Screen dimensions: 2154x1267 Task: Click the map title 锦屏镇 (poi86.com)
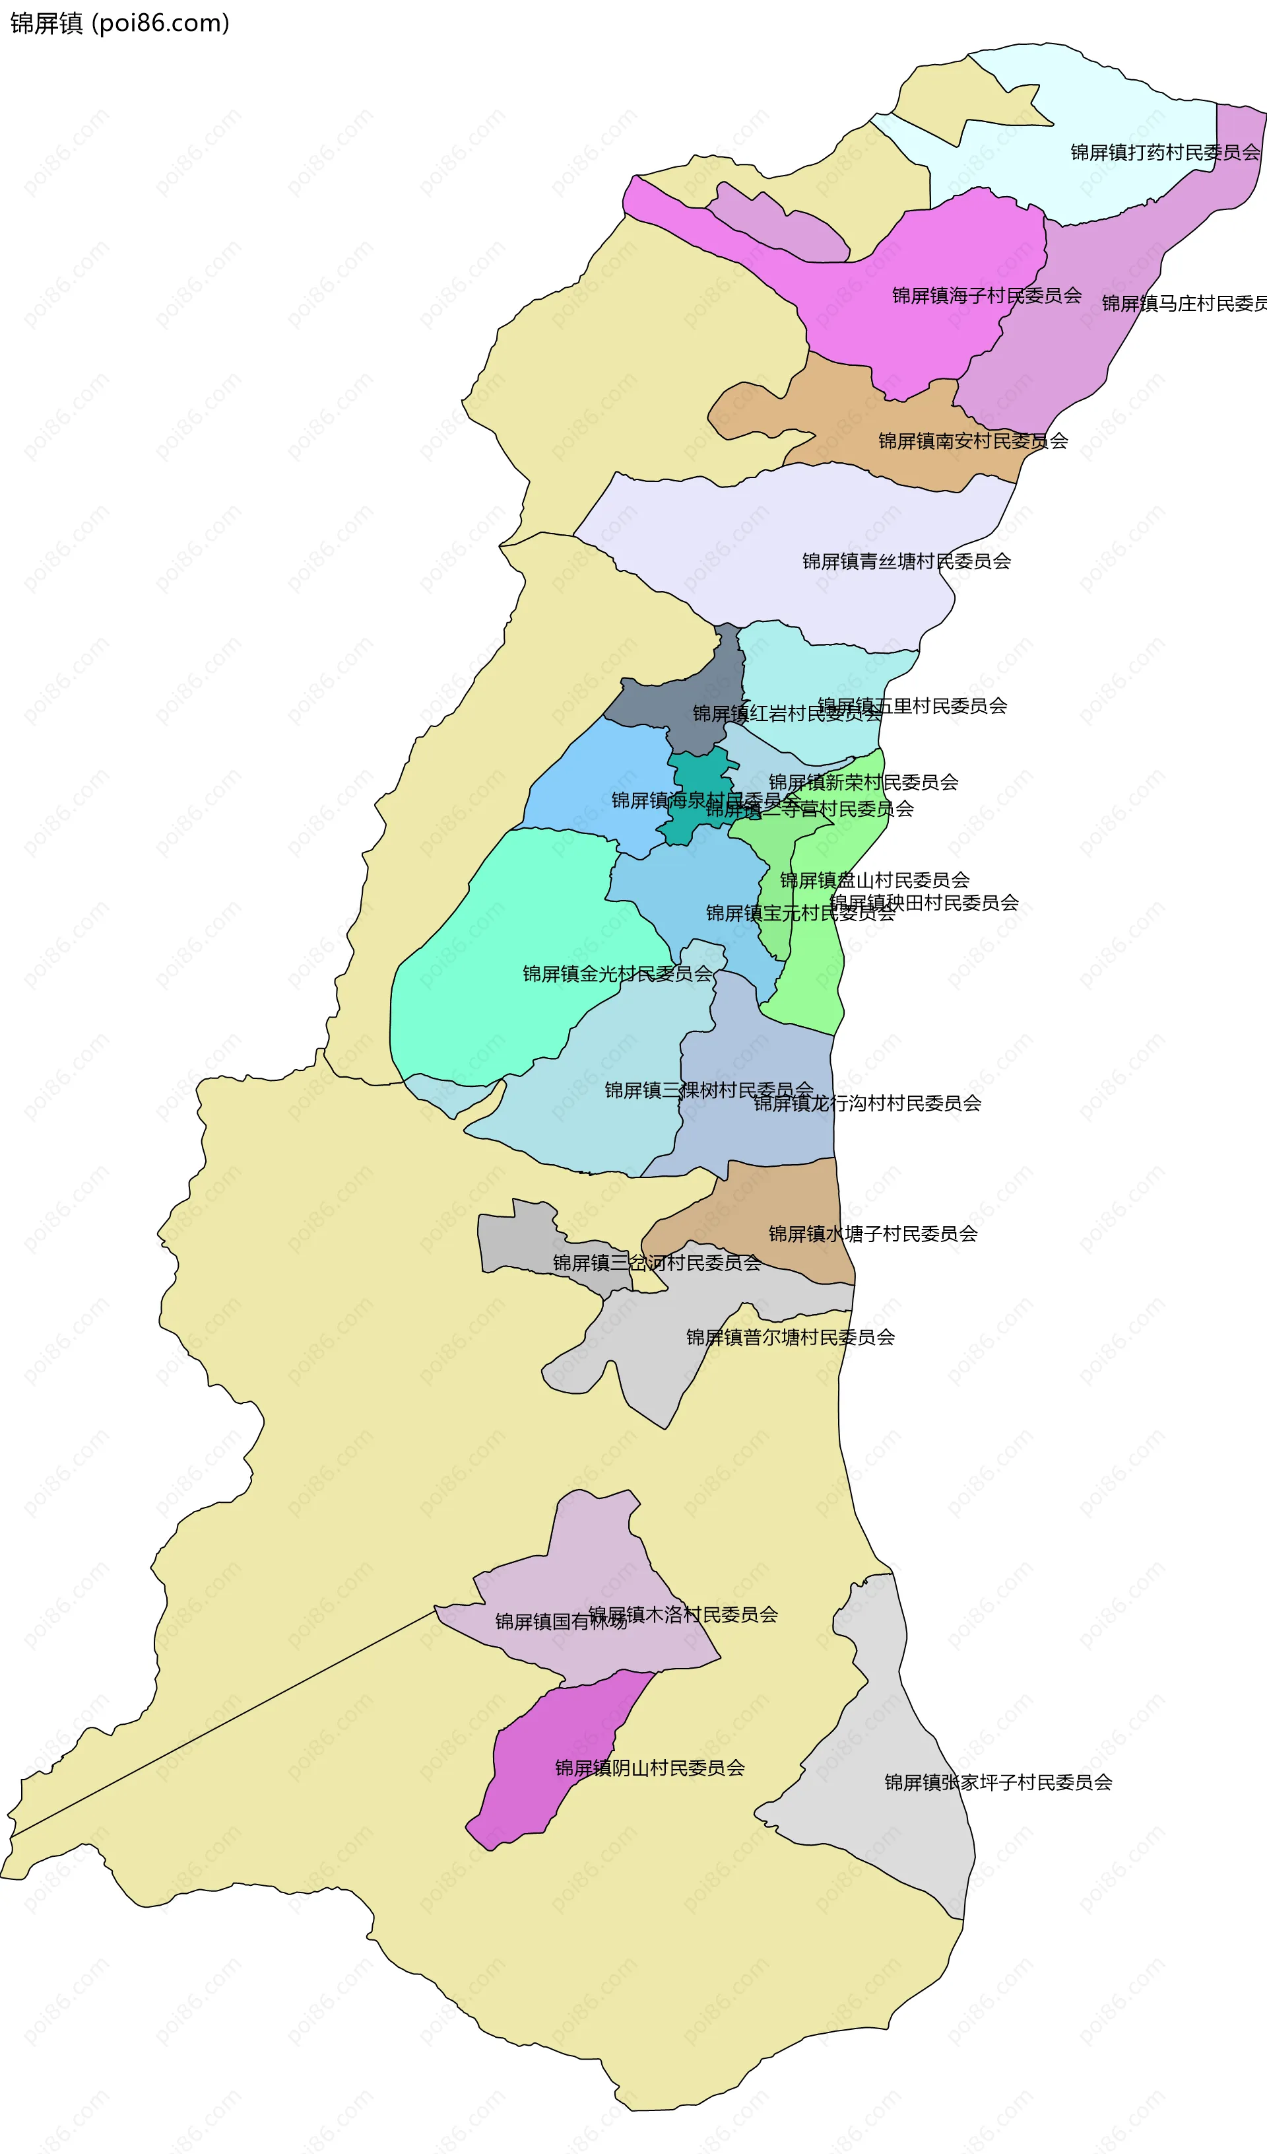[119, 23]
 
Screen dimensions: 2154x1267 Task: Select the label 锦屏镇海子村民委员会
[987, 296]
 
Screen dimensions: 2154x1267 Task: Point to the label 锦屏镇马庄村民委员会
[1184, 304]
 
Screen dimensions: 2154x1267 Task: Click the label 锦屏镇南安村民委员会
[973, 441]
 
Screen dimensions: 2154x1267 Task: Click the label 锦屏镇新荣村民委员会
[864, 782]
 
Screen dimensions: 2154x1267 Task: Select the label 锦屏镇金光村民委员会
[617, 973]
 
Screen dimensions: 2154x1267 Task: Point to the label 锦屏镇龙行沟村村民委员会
[867, 1103]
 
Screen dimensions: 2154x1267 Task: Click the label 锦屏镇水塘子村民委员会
[872, 1233]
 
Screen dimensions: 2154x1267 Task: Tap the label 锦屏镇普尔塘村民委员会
[791, 1337]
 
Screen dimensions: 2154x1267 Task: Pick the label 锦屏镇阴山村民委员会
[649, 1768]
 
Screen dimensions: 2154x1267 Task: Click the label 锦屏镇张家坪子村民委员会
[998, 1782]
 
